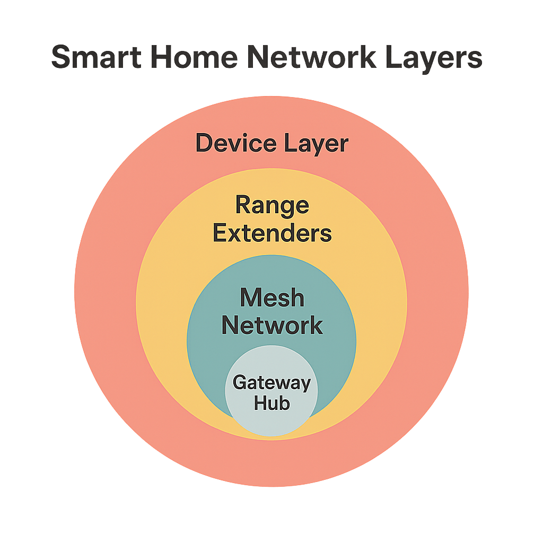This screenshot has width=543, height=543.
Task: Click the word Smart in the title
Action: tap(96, 58)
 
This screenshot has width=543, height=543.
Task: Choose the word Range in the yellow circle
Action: tap(272, 206)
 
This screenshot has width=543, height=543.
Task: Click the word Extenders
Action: tap(272, 233)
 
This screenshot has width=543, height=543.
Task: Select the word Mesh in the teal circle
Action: tap(272, 297)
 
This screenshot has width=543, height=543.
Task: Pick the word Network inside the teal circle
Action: tap(272, 325)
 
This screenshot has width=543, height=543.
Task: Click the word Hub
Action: tap(271, 403)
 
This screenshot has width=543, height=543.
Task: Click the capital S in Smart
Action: tap(62, 58)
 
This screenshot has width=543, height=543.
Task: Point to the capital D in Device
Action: tap(205, 144)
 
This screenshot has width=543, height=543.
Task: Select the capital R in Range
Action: tap(242, 205)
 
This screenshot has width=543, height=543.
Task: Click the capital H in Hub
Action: tap(259, 403)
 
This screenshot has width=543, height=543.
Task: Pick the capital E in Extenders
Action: tap(220, 233)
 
